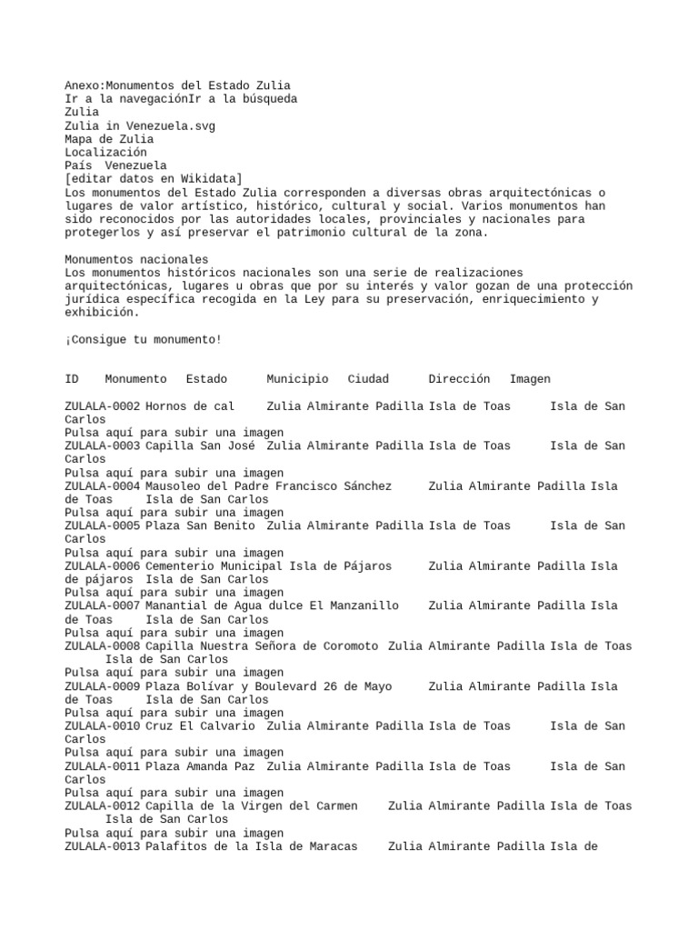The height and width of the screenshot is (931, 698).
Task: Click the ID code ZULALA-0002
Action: pyautogui.click(x=102, y=406)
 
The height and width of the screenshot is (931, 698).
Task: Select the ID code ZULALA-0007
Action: pyautogui.click(x=102, y=606)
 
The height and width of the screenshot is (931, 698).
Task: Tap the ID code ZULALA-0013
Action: pyautogui.click(x=102, y=846)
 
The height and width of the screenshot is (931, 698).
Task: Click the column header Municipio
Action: pyautogui.click(x=297, y=379)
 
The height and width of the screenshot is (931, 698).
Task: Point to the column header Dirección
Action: pyautogui.click(x=459, y=379)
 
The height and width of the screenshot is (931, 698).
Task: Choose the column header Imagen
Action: pyautogui.click(x=530, y=379)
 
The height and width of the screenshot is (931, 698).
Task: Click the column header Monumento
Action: pyautogui.click(x=135, y=379)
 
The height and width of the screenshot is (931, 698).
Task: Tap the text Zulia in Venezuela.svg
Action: pyautogui.click(x=140, y=126)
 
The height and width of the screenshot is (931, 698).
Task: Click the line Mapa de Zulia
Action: pyautogui.click(x=109, y=140)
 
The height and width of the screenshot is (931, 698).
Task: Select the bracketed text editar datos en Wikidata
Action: pyautogui.click(x=154, y=180)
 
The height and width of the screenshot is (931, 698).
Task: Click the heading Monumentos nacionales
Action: pyautogui.click(x=136, y=260)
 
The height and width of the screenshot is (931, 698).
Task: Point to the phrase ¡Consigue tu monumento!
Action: pyautogui.click(x=143, y=340)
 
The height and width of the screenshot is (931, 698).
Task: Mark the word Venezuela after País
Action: pyautogui.click(x=135, y=166)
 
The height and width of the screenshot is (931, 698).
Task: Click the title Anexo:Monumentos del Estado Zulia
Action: pyautogui.click(x=177, y=86)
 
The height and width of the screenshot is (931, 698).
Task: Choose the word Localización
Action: pyautogui.click(x=105, y=154)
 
